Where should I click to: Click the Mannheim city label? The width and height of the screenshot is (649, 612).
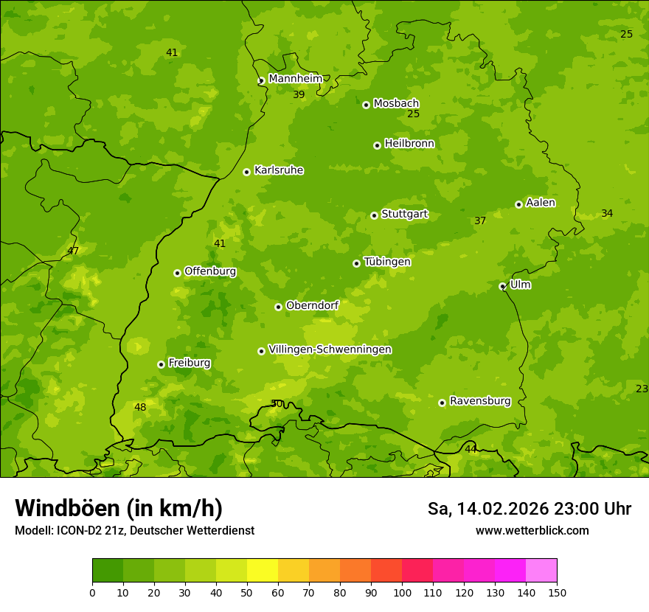click(295, 79)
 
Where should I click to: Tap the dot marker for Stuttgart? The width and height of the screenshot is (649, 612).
click(375, 215)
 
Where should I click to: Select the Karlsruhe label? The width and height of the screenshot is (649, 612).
click(278, 170)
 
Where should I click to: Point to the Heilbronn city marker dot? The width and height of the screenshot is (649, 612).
click(378, 145)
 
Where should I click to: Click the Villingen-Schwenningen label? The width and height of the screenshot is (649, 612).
click(330, 350)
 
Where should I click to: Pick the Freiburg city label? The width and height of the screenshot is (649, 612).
click(189, 363)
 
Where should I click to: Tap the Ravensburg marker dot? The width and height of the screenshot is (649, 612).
click(442, 403)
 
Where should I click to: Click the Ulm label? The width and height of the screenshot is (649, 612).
click(520, 285)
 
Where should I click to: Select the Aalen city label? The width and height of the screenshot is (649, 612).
click(541, 203)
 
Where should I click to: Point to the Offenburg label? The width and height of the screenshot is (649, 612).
click(210, 271)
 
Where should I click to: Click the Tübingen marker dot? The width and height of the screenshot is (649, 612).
click(357, 263)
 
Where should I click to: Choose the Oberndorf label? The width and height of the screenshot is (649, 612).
click(312, 305)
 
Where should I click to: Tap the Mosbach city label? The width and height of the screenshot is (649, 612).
click(396, 103)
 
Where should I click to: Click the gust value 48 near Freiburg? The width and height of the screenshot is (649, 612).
click(140, 407)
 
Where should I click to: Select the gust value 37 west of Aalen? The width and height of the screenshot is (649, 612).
click(480, 220)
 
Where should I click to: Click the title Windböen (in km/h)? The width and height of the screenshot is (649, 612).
click(119, 508)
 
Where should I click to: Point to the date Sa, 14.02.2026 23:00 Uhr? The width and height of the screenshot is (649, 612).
click(529, 509)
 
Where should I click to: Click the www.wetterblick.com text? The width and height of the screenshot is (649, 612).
click(532, 530)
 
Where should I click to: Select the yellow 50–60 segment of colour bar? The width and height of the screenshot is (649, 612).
click(263, 571)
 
